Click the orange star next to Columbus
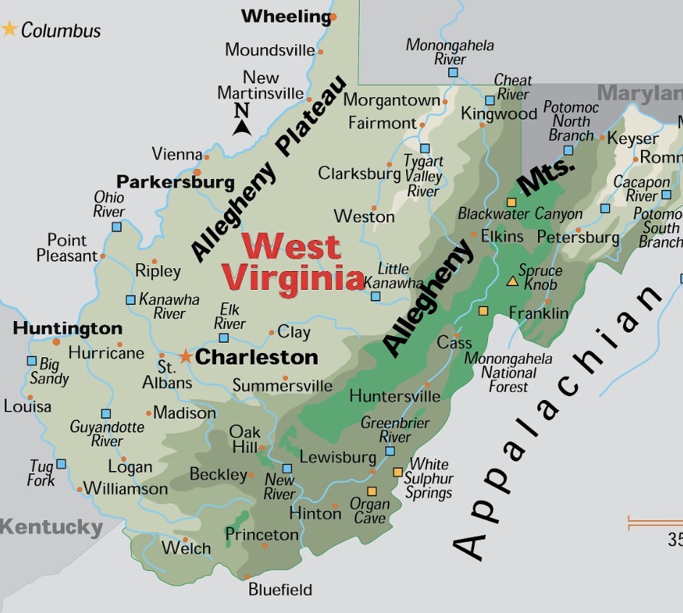tap(9, 30)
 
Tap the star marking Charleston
tap(186, 356)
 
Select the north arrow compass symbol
tap(241, 120)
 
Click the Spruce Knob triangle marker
tap(512, 281)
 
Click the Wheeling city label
tap(285, 16)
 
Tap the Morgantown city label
tap(392, 101)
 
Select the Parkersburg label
tap(175, 182)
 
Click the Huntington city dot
tap(56, 341)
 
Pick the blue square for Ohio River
tap(116, 227)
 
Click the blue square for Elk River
tap(224, 338)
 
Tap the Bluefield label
tap(280, 590)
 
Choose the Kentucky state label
tap(51, 527)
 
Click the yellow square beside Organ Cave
tap(372, 491)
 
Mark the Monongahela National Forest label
tap(508, 372)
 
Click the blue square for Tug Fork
tap(62, 464)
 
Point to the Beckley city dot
tap(251, 475)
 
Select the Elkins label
tap(502, 236)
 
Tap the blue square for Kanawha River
tap(131, 299)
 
